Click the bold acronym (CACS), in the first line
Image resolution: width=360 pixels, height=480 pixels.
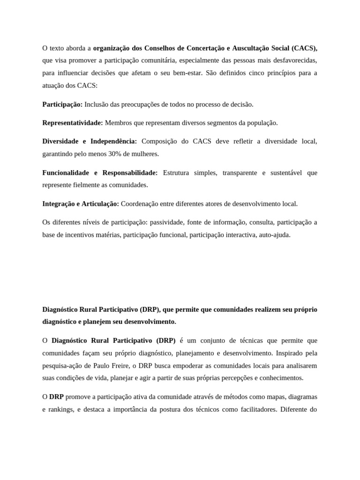pyautogui.click(x=304, y=48)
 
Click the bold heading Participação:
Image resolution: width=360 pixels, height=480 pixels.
pyautogui.click(x=62, y=104)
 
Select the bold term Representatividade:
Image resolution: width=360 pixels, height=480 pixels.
pyautogui.click(x=73, y=123)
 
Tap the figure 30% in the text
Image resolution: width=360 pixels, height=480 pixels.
pyautogui.click(x=116, y=154)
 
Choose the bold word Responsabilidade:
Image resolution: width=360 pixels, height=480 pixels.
pyautogui.click(x=130, y=172)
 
